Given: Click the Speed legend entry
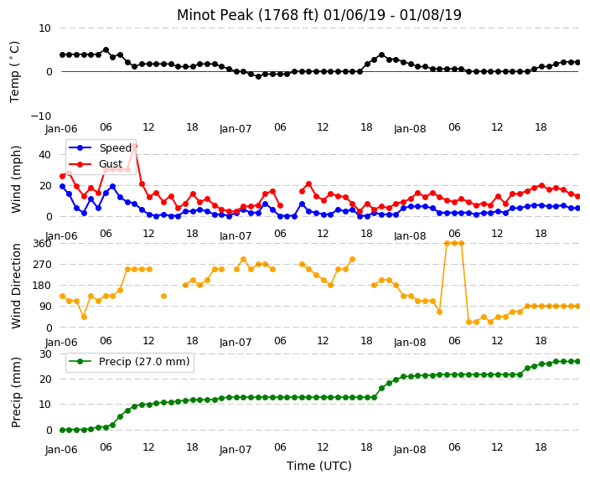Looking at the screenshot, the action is point(100,147).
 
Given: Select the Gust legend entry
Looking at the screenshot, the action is point(96,164).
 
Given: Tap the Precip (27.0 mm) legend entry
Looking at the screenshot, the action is point(129,362).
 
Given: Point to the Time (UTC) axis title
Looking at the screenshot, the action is point(319,466).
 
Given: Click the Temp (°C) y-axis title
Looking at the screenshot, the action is point(14,72).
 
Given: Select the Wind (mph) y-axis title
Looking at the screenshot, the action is point(16,179).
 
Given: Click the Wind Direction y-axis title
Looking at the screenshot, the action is point(16,286).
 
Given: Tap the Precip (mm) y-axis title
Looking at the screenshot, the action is point(16,392).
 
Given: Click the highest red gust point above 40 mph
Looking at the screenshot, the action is point(134,146).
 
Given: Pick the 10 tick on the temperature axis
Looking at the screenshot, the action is point(44,28).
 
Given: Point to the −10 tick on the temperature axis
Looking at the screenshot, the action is point(40,116).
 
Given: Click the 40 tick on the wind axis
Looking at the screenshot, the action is point(44,155).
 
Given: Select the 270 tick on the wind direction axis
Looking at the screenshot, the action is point(42,265).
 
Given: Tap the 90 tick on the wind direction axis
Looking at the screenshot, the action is point(45,307).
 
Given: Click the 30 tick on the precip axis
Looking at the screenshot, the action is point(45,354).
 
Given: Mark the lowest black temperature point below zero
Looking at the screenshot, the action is point(258,76).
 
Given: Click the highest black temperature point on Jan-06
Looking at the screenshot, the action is point(106,50).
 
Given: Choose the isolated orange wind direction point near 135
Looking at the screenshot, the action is point(163,296).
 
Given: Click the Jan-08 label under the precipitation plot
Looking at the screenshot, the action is point(410,450).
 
